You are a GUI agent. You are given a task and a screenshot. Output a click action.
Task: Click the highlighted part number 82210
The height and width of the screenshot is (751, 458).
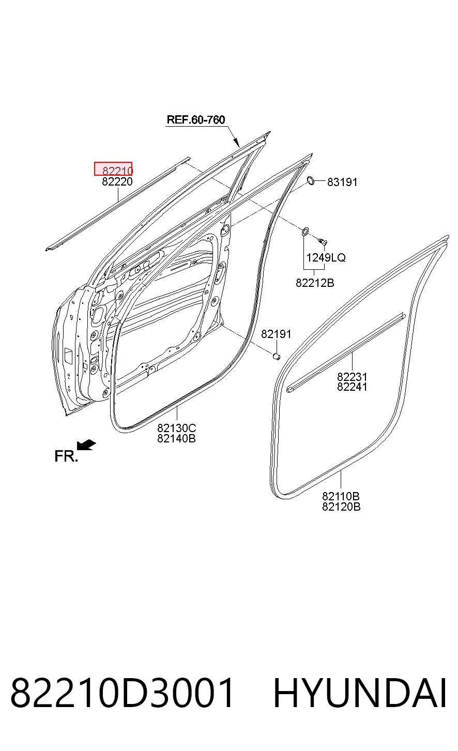coord(117,171)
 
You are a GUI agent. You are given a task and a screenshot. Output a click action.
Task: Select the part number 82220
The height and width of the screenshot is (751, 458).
coord(117,182)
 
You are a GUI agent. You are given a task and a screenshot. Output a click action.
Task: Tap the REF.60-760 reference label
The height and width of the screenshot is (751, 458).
coord(196,120)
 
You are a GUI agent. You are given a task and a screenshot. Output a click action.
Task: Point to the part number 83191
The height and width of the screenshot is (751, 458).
coord(342,182)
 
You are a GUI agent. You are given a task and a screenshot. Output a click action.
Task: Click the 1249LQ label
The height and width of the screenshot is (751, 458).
coord(326,257)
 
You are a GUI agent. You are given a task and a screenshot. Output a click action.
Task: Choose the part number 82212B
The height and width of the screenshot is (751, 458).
coord(315,283)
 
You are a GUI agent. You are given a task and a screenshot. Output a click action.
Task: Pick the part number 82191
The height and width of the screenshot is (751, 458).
coord(276,334)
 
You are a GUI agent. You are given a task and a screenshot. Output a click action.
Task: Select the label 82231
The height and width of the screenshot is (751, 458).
coord(352,376)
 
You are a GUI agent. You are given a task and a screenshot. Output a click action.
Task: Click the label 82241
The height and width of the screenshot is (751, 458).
coord(352,387)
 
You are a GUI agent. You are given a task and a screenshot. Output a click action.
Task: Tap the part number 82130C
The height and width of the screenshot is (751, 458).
coord(177,428)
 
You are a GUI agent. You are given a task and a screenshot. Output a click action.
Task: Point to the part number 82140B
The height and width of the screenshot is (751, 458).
coord(177,438)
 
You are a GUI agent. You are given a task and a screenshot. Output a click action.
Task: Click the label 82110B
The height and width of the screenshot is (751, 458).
coord(341,496)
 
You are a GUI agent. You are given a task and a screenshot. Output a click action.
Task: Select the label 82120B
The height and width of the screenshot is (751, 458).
coord(341,506)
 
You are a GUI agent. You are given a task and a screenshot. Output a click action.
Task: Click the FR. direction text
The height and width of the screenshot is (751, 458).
coord(66,456)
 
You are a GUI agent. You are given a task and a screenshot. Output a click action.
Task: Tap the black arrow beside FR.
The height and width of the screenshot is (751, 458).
coord(86,445)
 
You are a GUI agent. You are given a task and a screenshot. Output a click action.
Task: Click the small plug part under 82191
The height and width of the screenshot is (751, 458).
coord(276,356)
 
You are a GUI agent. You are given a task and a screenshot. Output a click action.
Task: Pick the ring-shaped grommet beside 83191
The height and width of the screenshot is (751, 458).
coord(311,180)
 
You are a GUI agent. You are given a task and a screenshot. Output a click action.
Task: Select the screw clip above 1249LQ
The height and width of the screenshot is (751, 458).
coord(322,241)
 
